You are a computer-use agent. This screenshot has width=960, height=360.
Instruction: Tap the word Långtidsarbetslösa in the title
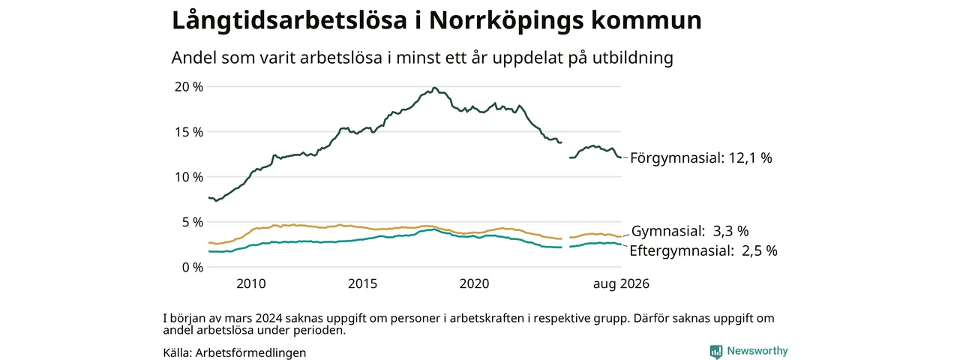pyautogui.click(x=289, y=20)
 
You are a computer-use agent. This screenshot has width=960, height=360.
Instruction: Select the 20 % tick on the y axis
pyautogui.click(x=188, y=87)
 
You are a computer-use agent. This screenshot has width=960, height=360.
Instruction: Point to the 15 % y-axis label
pyautogui.click(x=188, y=132)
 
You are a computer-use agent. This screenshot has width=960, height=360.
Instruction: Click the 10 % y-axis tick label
pyautogui.click(x=188, y=177)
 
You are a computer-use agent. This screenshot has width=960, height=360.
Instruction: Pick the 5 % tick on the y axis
pyautogui.click(x=193, y=222)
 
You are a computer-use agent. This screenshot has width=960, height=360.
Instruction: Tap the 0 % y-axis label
pyautogui.click(x=193, y=268)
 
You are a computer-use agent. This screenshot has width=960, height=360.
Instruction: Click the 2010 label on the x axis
pyautogui.click(x=251, y=283)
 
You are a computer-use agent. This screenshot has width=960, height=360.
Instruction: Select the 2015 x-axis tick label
pyautogui.click(x=362, y=283)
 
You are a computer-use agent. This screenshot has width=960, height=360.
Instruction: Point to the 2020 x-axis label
pyautogui.click(x=475, y=283)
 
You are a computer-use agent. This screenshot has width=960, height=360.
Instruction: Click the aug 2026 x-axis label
pyautogui.click(x=621, y=284)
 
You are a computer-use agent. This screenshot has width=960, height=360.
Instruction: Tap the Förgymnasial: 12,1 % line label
pyautogui.click(x=701, y=158)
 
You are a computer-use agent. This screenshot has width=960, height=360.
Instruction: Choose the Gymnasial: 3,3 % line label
pyautogui.click(x=690, y=232)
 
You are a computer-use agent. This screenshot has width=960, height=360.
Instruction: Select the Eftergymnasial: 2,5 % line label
pyautogui.click(x=703, y=250)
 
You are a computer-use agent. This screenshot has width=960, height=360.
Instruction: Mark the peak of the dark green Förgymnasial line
pyautogui.click(x=434, y=88)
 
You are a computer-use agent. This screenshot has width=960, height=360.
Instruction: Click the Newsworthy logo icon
pyautogui.click(x=715, y=352)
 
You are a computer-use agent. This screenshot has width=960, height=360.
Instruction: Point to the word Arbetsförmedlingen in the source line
pyautogui.click(x=250, y=353)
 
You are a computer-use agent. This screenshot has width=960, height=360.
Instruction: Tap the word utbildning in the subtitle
pyautogui.click(x=633, y=58)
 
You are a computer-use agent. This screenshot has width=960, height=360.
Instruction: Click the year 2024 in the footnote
pyautogui.click(x=268, y=319)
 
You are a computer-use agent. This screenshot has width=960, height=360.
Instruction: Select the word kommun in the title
pyautogui.click(x=646, y=20)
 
